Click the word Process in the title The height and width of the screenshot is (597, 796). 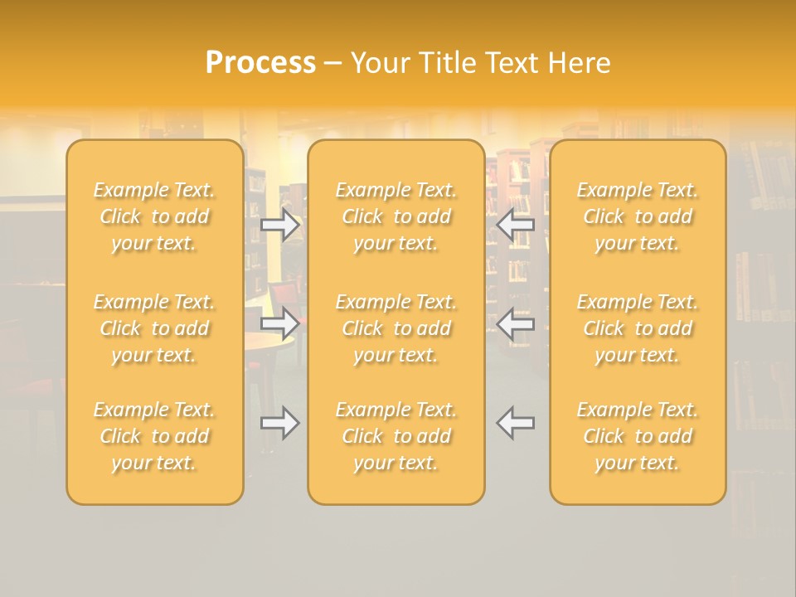(260, 63)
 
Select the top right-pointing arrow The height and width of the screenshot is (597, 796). (279, 225)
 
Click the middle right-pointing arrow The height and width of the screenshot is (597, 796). (279, 323)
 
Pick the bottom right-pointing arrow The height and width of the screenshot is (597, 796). (279, 423)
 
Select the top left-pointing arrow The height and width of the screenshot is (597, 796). (516, 225)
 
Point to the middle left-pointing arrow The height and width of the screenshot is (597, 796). (516, 323)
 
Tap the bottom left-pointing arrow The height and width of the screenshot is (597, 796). (516, 423)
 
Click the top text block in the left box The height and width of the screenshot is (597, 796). (154, 216)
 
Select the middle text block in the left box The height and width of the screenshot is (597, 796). (154, 328)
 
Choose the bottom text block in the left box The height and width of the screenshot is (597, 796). (154, 436)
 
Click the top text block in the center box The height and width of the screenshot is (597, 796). (396, 216)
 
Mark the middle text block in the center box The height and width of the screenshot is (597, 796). (396, 328)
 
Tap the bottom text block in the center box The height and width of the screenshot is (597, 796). (396, 436)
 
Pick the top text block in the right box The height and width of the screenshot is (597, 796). (638, 216)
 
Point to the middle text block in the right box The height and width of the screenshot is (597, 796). (638, 328)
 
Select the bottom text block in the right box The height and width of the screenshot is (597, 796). (638, 436)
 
